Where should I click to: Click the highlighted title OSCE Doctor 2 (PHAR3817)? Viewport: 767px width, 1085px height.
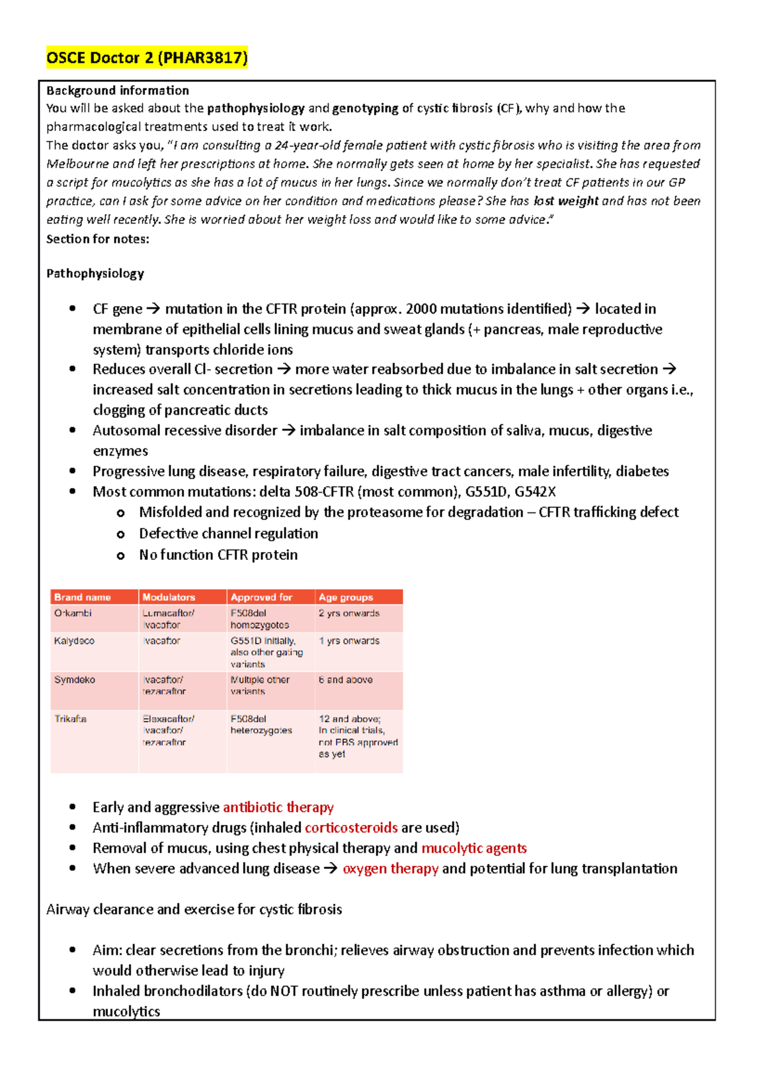point(146,58)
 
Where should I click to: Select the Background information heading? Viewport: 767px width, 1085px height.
point(118,90)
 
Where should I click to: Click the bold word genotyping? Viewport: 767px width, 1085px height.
point(366,108)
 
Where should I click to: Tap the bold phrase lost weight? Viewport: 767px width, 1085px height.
point(566,201)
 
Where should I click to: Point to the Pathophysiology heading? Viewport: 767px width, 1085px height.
point(95,273)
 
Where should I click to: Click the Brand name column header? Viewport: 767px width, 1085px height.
point(82,597)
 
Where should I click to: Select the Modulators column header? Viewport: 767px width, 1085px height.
point(169,597)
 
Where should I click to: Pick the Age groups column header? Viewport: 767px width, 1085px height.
point(346,597)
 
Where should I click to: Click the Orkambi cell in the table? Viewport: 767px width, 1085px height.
point(73,613)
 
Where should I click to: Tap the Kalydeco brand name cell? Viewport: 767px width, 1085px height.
point(74,641)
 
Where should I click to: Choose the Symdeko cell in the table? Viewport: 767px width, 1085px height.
point(74,680)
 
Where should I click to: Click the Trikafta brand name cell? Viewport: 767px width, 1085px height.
point(70,719)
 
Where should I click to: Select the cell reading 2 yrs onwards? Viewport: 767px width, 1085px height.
point(349,613)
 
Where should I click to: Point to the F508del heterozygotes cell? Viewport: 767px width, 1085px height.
point(261,725)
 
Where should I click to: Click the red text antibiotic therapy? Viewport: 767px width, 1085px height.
point(278,807)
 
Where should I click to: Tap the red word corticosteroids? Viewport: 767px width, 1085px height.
point(351,827)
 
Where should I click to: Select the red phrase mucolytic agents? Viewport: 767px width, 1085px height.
point(474,848)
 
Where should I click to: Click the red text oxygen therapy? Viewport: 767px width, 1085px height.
point(391,868)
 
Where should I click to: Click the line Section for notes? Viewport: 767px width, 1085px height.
point(98,239)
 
